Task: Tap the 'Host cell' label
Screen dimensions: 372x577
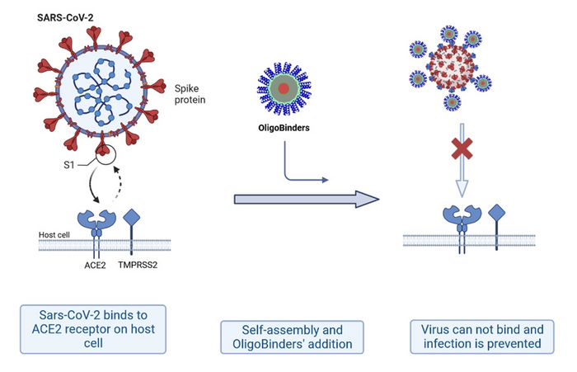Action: tap(55, 235)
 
